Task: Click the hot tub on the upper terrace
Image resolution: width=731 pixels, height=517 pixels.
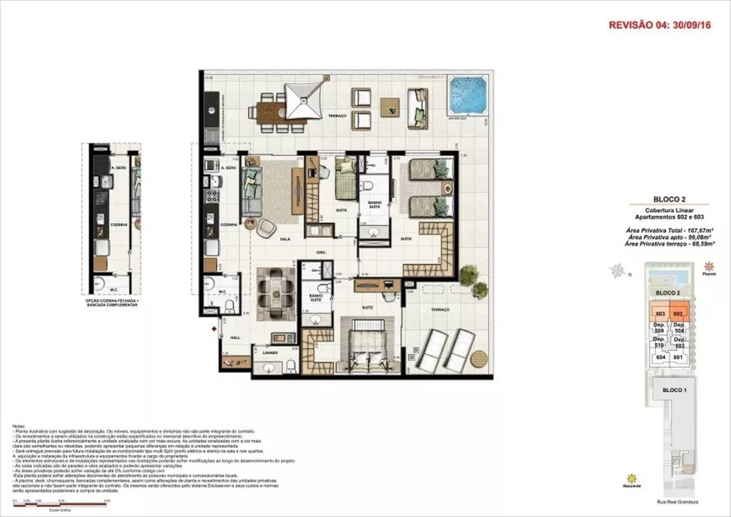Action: [x=467, y=96]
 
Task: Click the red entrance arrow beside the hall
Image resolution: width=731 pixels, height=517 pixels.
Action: [x=213, y=330]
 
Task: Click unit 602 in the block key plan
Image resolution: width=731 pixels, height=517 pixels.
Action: [x=678, y=314]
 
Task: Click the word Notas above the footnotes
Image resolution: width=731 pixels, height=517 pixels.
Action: [x=21, y=425]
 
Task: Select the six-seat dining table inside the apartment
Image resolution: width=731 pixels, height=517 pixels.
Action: [x=278, y=288]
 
